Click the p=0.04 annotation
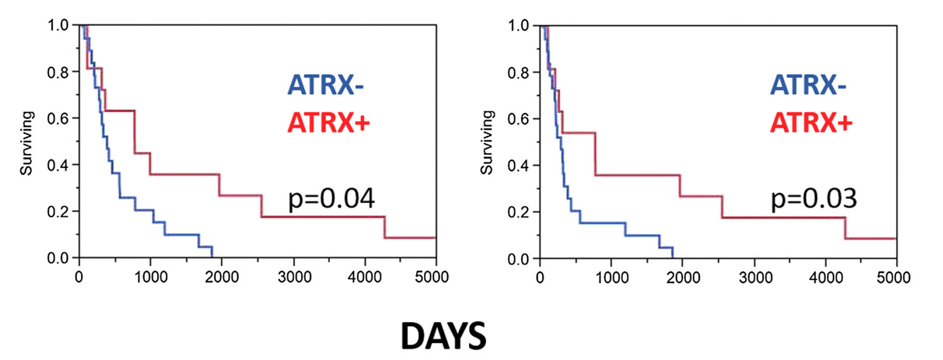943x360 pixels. pyautogui.click(x=331, y=200)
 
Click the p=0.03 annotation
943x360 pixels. pyautogui.click(x=813, y=200)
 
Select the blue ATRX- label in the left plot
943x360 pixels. pyautogui.click(x=325, y=85)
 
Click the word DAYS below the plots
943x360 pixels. pyautogui.click(x=444, y=336)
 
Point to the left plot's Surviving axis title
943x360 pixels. pyautogui.click(x=27, y=143)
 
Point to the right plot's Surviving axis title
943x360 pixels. pyautogui.click(x=487, y=143)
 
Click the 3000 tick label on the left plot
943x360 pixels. pyautogui.click(x=294, y=278)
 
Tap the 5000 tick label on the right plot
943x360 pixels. pyautogui.click(x=896, y=278)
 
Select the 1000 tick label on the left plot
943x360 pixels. pyautogui.click(x=150, y=278)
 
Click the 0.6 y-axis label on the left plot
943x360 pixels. pyautogui.click(x=59, y=118)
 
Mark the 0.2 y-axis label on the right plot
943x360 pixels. pyautogui.click(x=519, y=212)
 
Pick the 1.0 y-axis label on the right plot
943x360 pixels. pyautogui.click(x=519, y=25)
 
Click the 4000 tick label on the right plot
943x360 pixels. pyautogui.click(x=825, y=278)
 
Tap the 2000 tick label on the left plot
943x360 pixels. pyautogui.click(x=222, y=278)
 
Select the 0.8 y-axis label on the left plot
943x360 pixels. pyautogui.click(x=59, y=72)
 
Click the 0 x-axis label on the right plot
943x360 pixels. pyautogui.click(x=539, y=278)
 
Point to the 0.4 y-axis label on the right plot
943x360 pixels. pyautogui.click(x=519, y=165)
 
